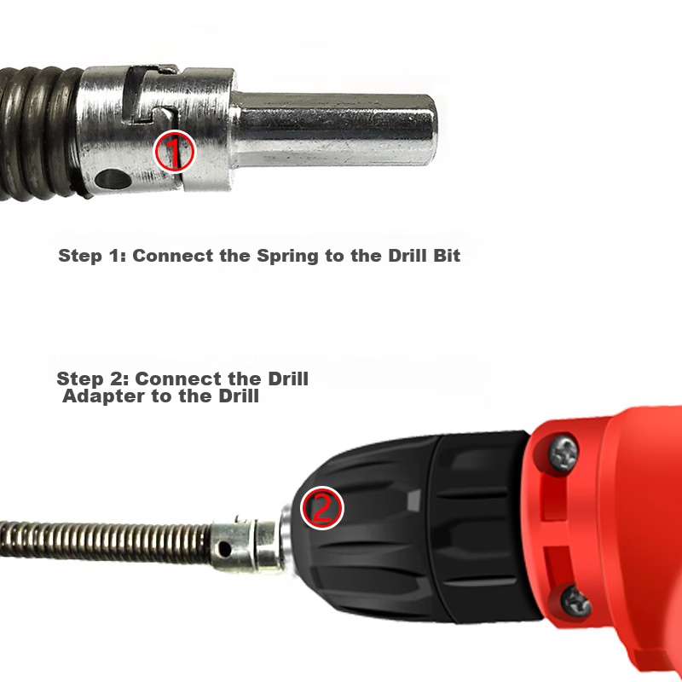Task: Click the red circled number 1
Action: point(175,152)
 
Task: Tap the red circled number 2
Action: point(322,508)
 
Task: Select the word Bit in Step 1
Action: point(447,255)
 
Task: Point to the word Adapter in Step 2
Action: point(104,396)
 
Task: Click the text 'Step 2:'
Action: point(93,379)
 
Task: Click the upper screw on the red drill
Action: point(564,454)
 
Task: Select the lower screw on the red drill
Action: point(575,602)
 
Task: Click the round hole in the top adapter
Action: point(113,179)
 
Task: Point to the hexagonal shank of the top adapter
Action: point(333,129)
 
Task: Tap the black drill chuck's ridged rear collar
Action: point(483,525)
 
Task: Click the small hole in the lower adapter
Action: point(224,549)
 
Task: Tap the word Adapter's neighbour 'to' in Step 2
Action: point(162,396)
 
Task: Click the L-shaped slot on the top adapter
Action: point(147,95)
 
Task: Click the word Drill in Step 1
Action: point(407,255)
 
